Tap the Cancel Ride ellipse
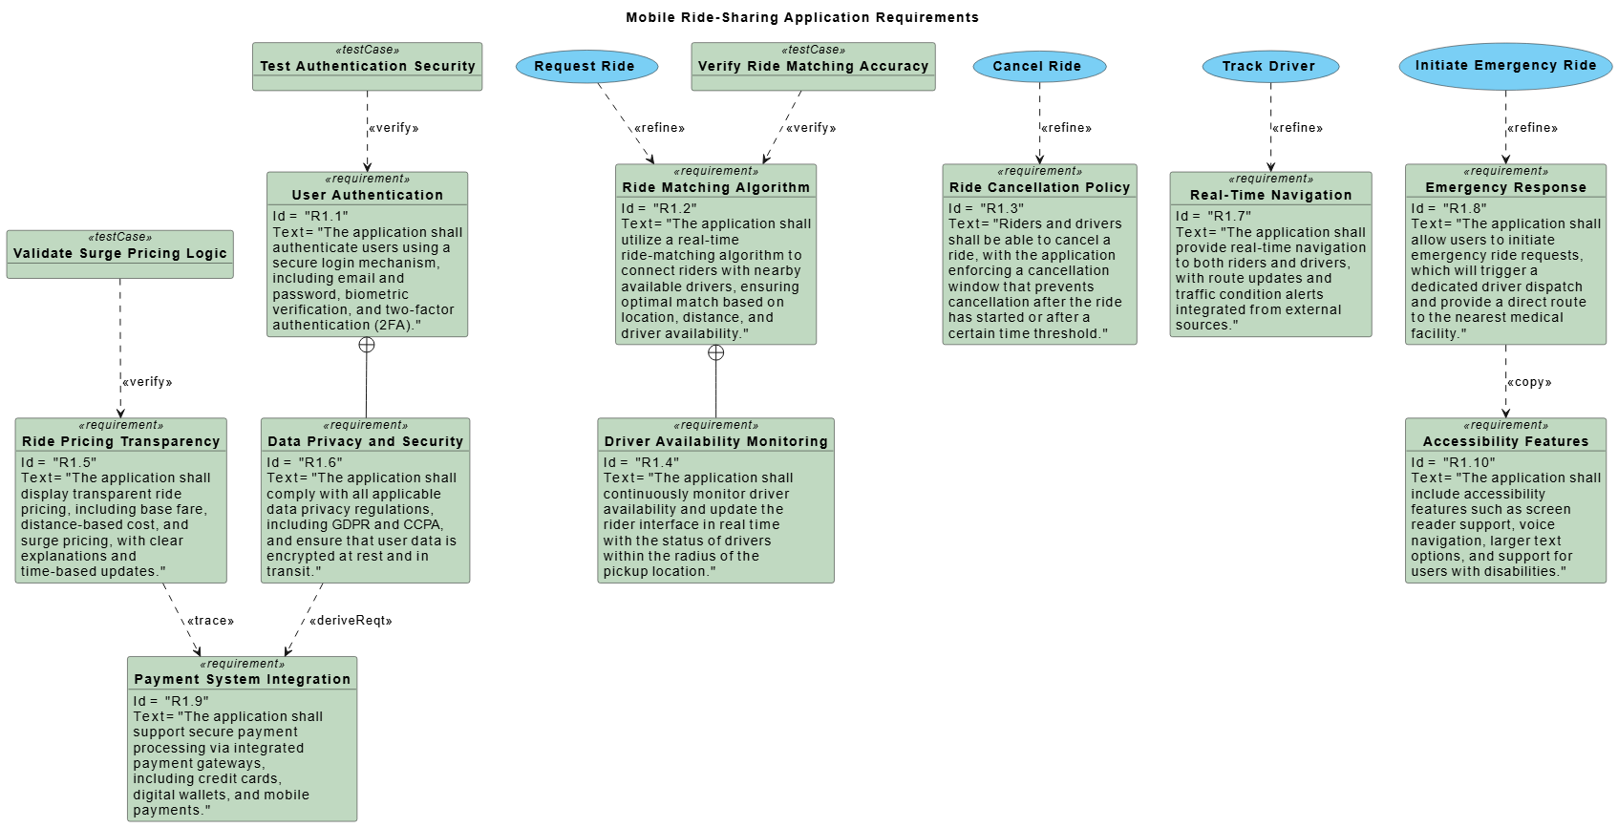[x=1039, y=66]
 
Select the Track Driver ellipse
[x=1269, y=66]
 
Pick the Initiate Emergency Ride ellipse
[x=1505, y=65]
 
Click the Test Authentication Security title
[x=368, y=66]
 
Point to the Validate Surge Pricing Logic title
[x=120, y=253]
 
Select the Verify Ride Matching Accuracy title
[x=813, y=66]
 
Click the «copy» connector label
[x=1529, y=382]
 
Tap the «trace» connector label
[x=210, y=621]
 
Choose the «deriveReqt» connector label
[x=351, y=621]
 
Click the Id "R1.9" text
[x=170, y=701]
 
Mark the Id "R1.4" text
[x=641, y=462]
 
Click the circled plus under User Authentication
[x=367, y=345]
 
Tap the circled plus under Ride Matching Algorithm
[x=715, y=352]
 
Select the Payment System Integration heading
[x=243, y=679]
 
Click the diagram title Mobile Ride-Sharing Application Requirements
[x=802, y=17]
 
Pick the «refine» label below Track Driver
[x=1297, y=128]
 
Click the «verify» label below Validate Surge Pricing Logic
[x=147, y=382]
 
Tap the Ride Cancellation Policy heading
[x=1039, y=187]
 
